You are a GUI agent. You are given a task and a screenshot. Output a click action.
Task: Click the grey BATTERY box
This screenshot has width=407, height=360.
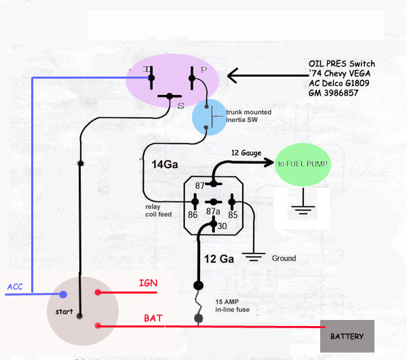tap(347, 336)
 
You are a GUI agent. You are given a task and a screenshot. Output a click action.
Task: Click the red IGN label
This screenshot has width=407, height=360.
tap(149, 283)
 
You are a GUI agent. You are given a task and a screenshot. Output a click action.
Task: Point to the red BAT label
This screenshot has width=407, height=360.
tap(153, 317)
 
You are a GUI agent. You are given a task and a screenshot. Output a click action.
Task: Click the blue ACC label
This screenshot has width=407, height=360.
tap(15, 287)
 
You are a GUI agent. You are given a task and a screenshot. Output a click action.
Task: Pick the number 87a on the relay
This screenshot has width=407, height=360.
tap(213, 211)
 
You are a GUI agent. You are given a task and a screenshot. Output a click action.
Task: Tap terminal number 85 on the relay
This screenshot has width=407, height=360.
tap(232, 215)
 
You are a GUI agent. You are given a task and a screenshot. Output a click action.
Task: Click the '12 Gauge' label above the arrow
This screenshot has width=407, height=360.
tap(246, 153)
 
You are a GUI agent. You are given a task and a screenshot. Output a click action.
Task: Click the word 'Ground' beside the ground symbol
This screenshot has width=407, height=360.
tap(284, 258)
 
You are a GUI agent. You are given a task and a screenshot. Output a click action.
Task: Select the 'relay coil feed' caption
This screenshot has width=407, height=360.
tap(158, 210)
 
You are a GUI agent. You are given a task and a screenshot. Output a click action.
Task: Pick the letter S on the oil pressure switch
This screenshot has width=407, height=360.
tap(180, 106)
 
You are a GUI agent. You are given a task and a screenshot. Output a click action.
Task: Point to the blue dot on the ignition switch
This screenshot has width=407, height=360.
tap(63, 294)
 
